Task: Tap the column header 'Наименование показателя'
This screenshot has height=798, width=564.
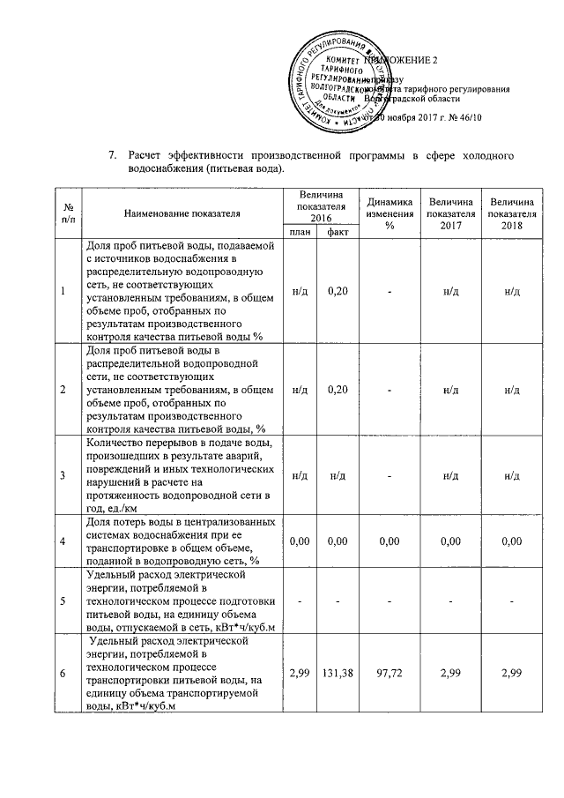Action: [x=182, y=213]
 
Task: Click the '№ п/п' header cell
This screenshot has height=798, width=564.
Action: [x=68, y=213]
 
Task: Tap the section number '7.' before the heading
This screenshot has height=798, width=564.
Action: [x=112, y=156]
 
